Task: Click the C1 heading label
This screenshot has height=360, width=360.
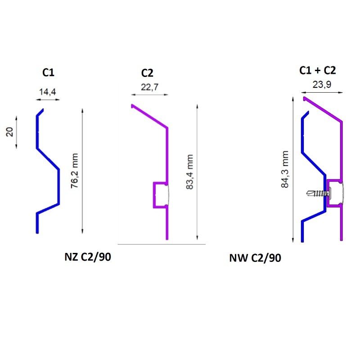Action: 48,72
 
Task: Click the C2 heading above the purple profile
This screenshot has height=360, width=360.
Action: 147,73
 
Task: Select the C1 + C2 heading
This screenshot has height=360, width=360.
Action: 318,70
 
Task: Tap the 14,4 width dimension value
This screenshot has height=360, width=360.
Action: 48,92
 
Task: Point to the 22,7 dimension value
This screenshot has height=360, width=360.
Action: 149,87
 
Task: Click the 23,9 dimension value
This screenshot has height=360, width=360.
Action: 322,85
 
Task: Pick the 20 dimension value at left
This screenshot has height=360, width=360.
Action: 9,132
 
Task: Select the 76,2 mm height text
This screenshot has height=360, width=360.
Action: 74,171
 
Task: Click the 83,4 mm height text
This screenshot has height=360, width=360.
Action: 189,172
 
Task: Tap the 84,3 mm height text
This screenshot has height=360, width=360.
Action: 285,169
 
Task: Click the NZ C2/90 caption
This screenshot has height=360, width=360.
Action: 88,256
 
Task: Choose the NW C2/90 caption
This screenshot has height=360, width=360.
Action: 255,258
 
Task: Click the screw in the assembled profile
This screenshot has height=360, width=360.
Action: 319,193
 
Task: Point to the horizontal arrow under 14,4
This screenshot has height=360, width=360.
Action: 48,99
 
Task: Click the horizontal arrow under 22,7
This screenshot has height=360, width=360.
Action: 150,94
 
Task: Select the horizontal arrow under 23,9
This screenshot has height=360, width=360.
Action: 322,93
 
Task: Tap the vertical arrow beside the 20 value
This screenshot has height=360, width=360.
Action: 16,132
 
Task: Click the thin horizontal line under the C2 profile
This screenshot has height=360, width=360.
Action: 162,244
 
